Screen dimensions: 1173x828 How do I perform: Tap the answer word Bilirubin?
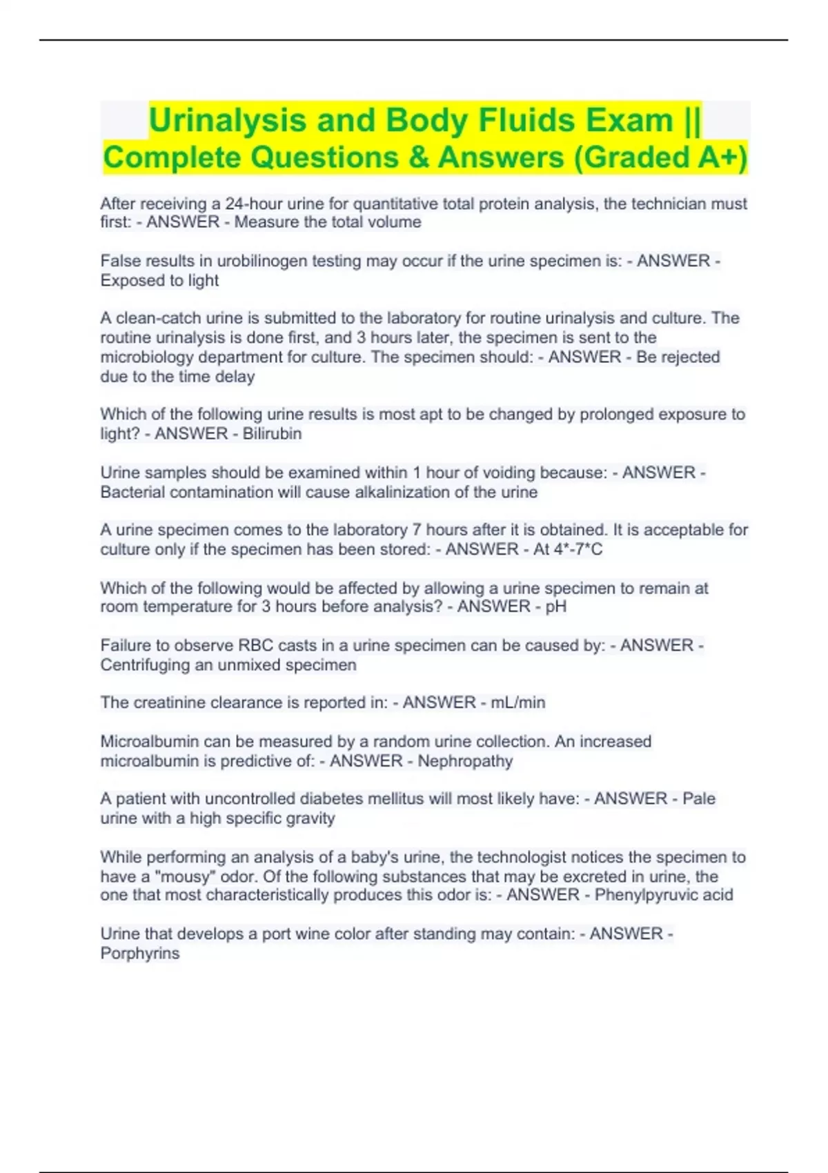click(272, 433)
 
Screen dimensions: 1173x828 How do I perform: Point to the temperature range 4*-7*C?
click(567, 549)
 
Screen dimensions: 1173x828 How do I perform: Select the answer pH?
click(555, 607)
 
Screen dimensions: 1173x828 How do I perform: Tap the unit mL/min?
click(517, 702)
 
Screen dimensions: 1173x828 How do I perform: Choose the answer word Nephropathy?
click(465, 761)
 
